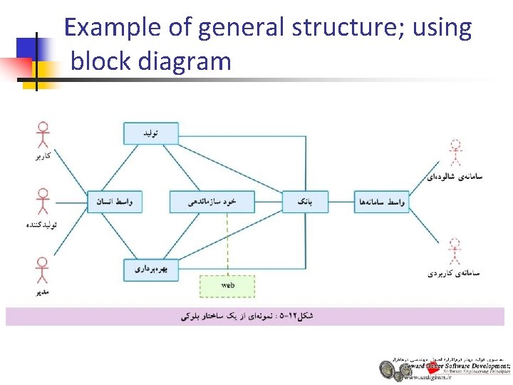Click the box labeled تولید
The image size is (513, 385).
[150, 133]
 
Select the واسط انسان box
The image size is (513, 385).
[114, 202]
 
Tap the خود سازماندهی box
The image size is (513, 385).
[212, 202]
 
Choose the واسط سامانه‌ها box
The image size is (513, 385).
[381, 202]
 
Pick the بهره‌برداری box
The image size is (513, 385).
[150, 269]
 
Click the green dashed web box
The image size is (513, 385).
[227, 285]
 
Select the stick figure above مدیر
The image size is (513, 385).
[43, 270]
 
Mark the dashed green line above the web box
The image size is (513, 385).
[227, 242]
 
